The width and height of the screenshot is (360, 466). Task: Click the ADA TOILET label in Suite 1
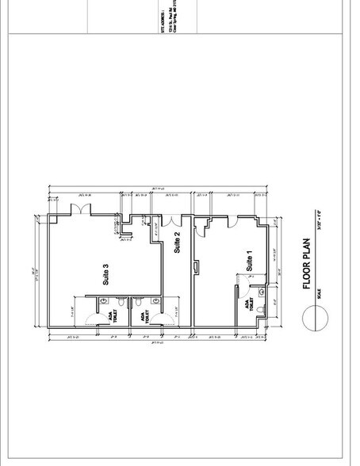[x=249, y=304]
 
